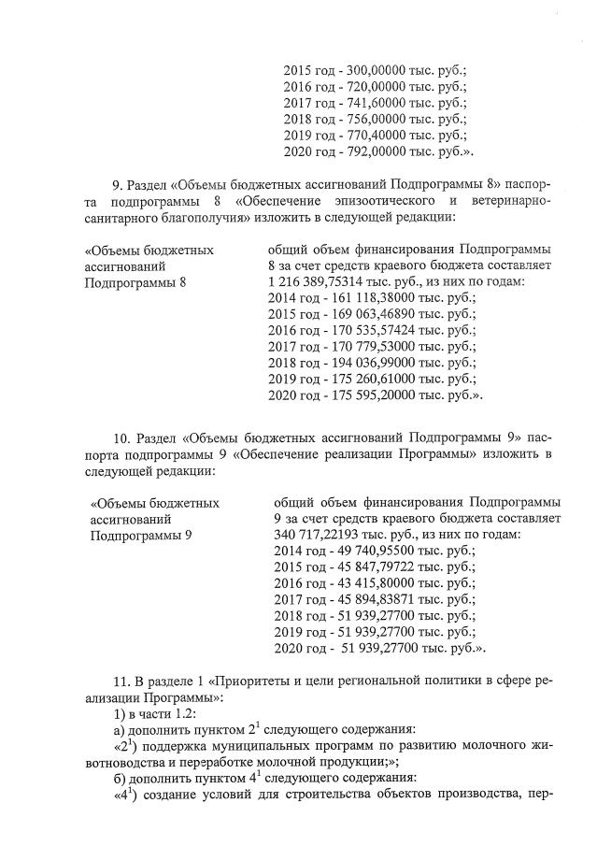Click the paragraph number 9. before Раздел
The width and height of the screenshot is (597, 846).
[x=118, y=183]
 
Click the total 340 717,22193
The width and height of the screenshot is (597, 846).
[x=321, y=535]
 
